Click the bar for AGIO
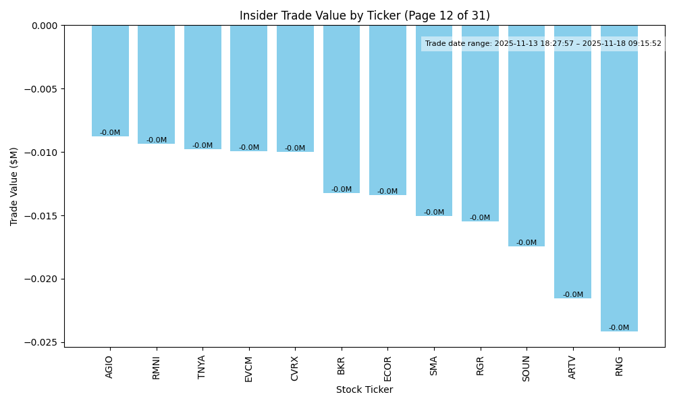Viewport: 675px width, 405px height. (110, 81)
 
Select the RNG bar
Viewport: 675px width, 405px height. (619, 178)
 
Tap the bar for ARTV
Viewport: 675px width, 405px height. (572, 162)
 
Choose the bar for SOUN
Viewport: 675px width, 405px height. (526, 136)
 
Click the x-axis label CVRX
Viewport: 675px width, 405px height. (295, 369)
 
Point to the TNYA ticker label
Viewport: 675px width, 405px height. (202, 367)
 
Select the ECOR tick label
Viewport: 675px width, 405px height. (387, 369)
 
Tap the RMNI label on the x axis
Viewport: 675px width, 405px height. (156, 368)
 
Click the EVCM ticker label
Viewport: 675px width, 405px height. (248, 369)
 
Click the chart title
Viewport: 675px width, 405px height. (364, 16)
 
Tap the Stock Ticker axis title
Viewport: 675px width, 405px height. (364, 389)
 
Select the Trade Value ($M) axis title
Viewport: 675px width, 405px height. (14, 186)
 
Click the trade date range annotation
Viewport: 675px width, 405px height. (543, 44)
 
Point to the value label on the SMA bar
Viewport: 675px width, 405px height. (434, 213)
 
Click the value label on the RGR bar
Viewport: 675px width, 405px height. (480, 218)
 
